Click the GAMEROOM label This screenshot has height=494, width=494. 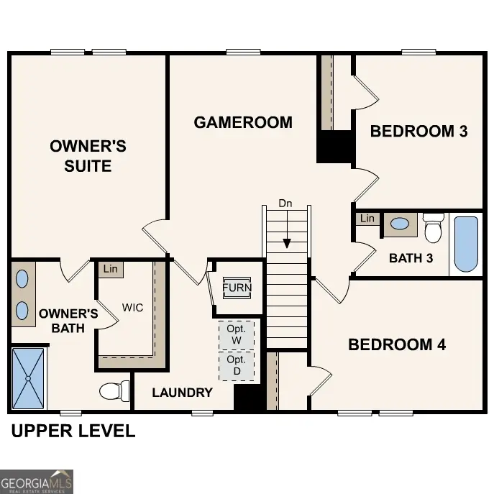coord(243,122)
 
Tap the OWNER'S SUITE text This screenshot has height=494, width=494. coord(88,156)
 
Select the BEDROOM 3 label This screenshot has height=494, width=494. coord(418,131)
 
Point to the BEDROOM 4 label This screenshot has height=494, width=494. coord(397,344)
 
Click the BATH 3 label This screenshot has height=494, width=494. coord(411,258)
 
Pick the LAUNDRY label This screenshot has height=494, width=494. coord(182,392)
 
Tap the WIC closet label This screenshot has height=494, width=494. coord(132,308)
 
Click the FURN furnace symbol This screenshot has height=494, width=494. coord(237,288)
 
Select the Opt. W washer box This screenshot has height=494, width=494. coord(236,334)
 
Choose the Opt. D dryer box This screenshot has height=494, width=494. coord(236,365)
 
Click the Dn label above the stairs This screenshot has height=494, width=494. coord(285,203)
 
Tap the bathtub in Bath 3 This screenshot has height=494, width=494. coord(466,244)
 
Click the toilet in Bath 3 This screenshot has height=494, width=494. coord(433,228)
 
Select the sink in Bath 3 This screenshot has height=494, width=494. coord(400,224)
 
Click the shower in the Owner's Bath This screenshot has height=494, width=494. coord(29,378)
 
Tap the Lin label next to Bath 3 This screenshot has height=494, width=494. coord(367,219)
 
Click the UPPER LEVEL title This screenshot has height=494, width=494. coord(73,431)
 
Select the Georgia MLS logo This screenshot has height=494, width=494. coord(37,481)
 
